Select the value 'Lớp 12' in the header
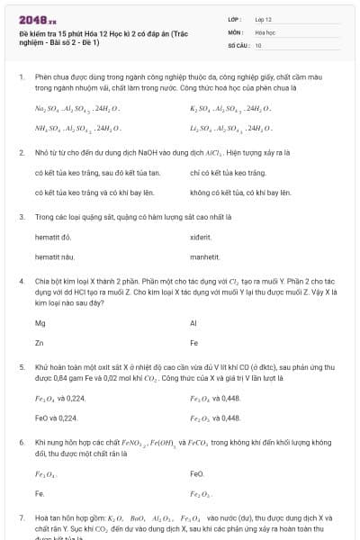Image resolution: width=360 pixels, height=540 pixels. (x=264, y=18)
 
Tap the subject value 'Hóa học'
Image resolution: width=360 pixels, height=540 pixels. (x=265, y=31)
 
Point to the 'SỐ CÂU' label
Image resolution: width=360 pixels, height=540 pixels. (x=238, y=45)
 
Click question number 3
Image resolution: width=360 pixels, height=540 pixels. (x=22, y=217)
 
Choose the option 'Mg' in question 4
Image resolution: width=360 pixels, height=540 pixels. (x=40, y=323)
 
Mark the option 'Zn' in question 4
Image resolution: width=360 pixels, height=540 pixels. (x=40, y=344)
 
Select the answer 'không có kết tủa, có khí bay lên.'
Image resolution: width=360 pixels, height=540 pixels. (x=240, y=193)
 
